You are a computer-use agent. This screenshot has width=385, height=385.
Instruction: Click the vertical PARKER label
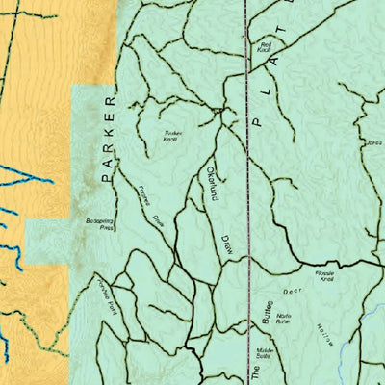pyautogui.click(x=107, y=139)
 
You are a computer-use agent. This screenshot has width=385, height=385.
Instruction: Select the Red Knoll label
pyautogui.click(x=265, y=47)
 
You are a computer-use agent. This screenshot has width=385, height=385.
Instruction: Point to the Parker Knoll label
pyautogui.click(x=172, y=136)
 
